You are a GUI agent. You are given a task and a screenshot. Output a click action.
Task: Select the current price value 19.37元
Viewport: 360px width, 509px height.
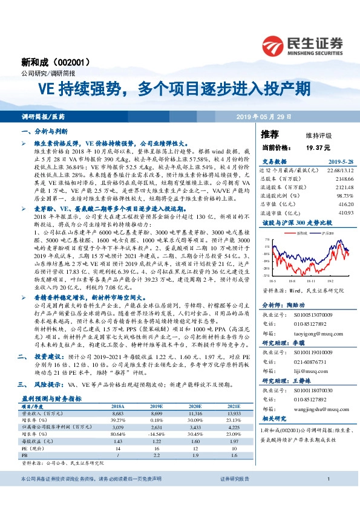pos(318,148)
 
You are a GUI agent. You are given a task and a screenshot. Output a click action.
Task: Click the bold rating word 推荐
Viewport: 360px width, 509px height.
pos(270,134)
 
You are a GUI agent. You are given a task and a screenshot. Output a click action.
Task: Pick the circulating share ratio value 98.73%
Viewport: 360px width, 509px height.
pos(344,196)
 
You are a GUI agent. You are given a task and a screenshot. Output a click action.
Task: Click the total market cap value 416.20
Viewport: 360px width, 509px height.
pos(344,204)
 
